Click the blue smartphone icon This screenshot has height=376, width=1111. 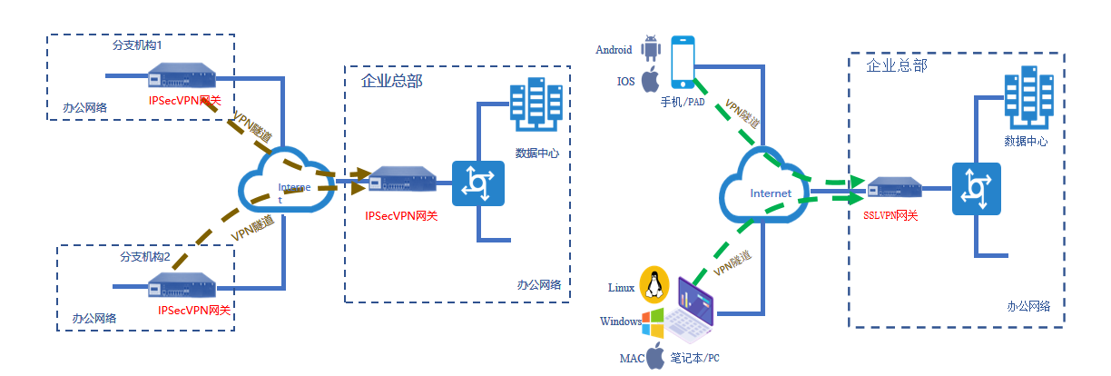click(683, 63)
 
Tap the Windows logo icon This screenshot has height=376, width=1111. click(654, 321)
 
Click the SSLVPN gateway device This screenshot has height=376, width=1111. click(893, 190)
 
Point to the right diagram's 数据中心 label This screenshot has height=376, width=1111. click(1026, 141)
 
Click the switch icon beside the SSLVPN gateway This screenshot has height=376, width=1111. click(976, 189)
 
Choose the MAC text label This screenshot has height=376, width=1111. click(632, 358)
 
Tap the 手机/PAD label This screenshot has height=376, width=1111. click(683, 102)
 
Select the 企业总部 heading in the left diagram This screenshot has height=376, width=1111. click(392, 82)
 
